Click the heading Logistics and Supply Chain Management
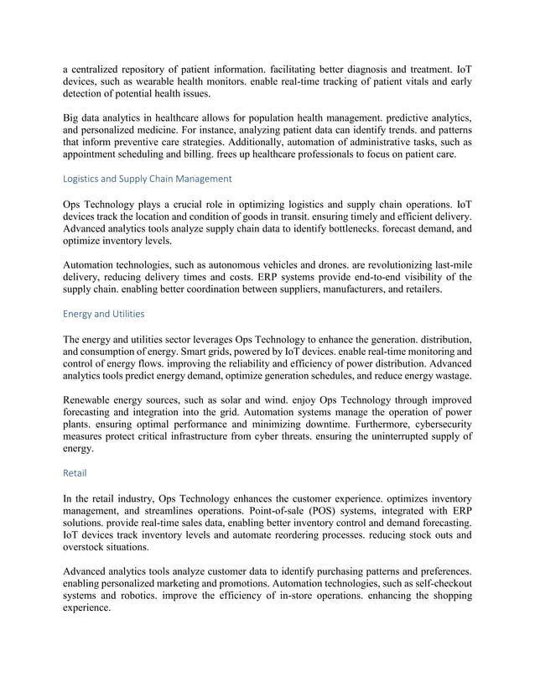point(148,179)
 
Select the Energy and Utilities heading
point(103,314)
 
